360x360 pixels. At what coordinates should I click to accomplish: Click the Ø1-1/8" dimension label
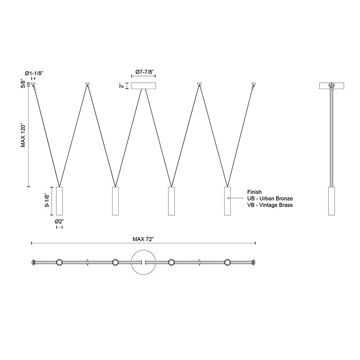tap(34, 73)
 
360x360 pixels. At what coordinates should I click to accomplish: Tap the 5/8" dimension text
tap(23, 84)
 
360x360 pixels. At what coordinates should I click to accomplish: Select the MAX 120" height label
tap(23, 136)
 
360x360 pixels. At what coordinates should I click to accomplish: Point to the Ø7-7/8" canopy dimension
tap(144, 72)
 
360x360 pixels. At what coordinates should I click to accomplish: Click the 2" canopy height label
tap(122, 85)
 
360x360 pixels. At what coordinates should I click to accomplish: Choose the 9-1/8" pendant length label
tap(47, 201)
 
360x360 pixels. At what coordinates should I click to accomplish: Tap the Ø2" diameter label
tap(59, 221)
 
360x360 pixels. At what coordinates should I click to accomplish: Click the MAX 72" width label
tap(143, 239)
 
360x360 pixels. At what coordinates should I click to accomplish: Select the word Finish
tap(254, 192)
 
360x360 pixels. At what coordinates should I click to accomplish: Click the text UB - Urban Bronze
tap(270, 198)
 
